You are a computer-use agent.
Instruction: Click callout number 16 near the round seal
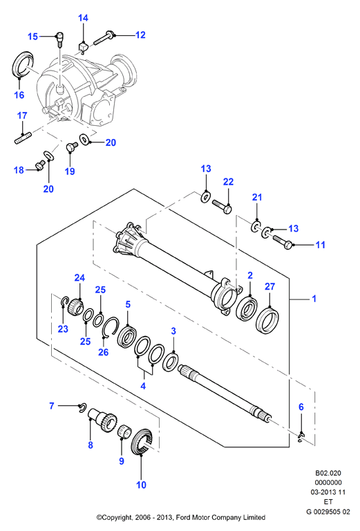pyautogui.click(x=19, y=95)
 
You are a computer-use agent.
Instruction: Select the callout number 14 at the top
pyautogui.click(x=83, y=18)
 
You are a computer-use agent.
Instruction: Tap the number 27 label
pyautogui.click(x=269, y=286)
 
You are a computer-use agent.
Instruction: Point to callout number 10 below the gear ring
pyautogui.click(x=141, y=485)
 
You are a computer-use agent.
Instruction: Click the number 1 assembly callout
pyautogui.click(x=314, y=299)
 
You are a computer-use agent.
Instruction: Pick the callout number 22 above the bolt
pyautogui.click(x=229, y=182)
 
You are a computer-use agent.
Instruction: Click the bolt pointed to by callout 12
pyautogui.click(x=104, y=37)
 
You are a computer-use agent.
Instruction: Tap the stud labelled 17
pyautogui.click(x=23, y=139)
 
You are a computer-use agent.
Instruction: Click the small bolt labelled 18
pyautogui.click(x=40, y=165)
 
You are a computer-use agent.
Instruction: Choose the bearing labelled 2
pyautogui.click(x=247, y=309)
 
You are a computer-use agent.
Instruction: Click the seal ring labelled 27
pyautogui.click(x=267, y=319)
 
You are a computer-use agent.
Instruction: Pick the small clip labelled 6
pyautogui.click(x=301, y=437)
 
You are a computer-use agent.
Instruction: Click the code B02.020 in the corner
pyautogui.click(x=328, y=473)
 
